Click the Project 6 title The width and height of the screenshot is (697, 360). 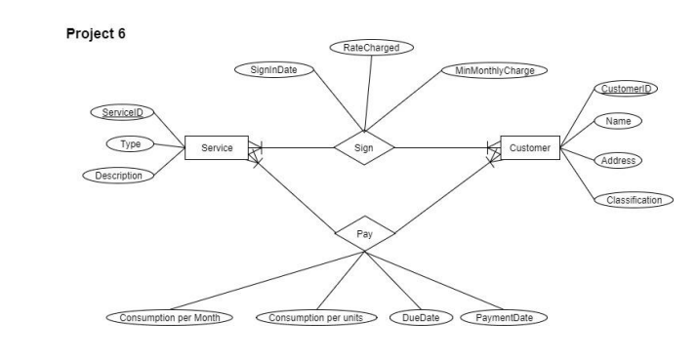click(96, 32)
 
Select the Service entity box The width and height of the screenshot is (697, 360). click(217, 147)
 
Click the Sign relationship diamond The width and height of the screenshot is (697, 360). click(363, 147)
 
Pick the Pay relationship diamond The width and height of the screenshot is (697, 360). click(363, 234)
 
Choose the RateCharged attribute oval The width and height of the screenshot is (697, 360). click(372, 47)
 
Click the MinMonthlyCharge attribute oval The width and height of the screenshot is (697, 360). click(495, 70)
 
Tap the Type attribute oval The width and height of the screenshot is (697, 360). click(131, 144)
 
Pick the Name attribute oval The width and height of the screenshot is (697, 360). click(617, 121)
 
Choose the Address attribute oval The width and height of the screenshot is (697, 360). click(619, 159)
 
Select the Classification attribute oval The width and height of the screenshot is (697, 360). click(634, 200)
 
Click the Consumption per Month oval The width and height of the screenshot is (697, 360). click(170, 318)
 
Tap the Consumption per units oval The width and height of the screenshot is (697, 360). click(316, 318)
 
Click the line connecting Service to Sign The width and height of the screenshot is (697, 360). click(293, 147)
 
